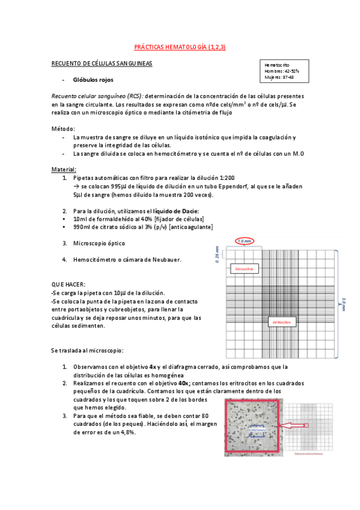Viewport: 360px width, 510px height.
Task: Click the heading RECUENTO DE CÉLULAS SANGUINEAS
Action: [x=102, y=63]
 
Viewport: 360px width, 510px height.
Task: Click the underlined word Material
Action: [x=64, y=170]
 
